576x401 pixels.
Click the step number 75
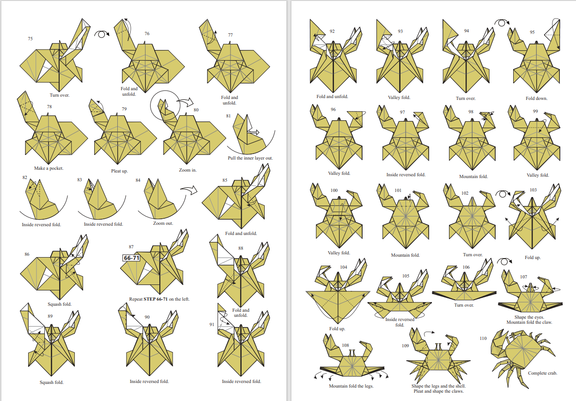[x=30, y=39]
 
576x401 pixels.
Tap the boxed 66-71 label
[x=131, y=258]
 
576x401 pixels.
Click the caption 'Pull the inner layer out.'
[x=250, y=158]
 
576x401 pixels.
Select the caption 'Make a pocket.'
[x=49, y=168]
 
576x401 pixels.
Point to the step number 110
[x=483, y=338]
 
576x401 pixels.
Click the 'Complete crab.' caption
[x=543, y=373]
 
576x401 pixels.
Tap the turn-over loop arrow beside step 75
[x=102, y=34]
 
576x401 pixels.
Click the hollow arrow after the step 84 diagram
[x=189, y=190]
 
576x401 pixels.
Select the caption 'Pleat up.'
[x=119, y=171]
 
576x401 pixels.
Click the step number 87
[x=131, y=247]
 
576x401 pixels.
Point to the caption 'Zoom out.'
[x=163, y=223]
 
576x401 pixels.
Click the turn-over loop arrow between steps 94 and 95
[x=502, y=23]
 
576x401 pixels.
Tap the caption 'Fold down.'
[x=537, y=99]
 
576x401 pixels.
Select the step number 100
[x=334, y=191]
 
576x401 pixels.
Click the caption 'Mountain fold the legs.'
[x=351, y=386]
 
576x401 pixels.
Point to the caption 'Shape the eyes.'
[x=529, y=317]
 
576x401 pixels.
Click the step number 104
[x=344, y=267]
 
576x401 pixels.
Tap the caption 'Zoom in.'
[x=188, y=170]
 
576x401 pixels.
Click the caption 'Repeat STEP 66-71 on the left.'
[x=159, y=299]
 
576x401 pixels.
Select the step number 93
[x=400, y=31]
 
